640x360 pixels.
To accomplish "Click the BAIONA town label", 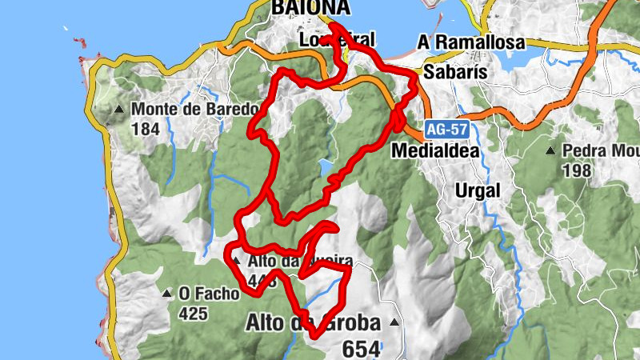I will coord(310,7).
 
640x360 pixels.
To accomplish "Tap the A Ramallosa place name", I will coord(471,42).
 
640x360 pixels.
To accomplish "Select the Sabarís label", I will coord(454,70).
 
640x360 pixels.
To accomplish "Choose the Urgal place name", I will coord(477,190).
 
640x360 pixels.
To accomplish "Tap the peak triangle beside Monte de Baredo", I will coord(119,109).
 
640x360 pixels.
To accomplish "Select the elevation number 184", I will coord(146,129).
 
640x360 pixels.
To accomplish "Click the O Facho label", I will coord(209,294).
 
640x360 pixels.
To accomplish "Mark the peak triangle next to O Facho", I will coord(167,294).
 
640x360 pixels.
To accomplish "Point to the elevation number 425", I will coord(194,314).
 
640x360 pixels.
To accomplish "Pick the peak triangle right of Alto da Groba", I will coord(394,322).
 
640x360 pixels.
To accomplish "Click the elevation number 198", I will coord(576,170).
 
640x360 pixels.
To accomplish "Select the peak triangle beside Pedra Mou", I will coord(550,150).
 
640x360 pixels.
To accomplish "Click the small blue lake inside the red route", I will coord(325,168).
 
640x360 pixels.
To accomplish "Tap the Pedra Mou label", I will coord(601,150).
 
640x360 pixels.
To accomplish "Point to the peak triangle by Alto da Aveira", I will coord(235,260).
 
